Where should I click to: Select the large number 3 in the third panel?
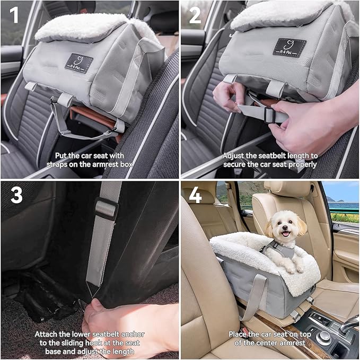click(16, 195)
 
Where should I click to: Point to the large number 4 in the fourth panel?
click(195, 195)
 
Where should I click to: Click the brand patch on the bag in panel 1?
click(79, 63)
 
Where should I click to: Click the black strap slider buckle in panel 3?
click(106, 208)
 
